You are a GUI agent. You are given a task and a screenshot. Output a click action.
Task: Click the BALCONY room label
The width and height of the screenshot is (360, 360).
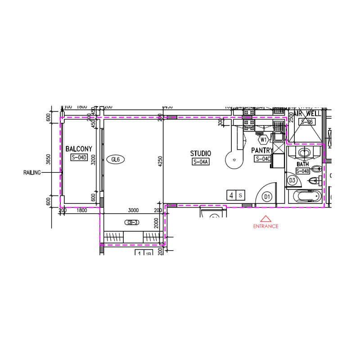[x=79, y=149]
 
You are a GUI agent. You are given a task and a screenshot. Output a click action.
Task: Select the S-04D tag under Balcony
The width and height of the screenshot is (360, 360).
[x=79, y=157]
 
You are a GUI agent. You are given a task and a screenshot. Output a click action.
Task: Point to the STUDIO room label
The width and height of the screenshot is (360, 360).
[x=200, y=154]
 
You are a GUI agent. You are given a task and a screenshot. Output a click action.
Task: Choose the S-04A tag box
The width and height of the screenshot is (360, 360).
[x=201, y=162]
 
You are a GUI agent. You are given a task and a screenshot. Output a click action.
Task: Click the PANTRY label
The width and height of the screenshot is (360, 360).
[x=262, y=150]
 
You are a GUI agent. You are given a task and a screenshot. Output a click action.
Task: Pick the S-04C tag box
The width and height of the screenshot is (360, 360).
[x=263, y=159]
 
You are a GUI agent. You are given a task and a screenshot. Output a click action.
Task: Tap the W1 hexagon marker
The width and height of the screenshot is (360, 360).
[x=264, y=139]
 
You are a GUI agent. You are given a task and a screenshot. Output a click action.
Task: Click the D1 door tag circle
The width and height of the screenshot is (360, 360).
[x=266, y=197]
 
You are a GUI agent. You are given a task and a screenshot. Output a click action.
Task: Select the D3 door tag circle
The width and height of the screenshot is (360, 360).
[x=292, y=181]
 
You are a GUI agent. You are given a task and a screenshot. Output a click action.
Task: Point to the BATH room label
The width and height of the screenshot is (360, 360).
[x=303, y=165]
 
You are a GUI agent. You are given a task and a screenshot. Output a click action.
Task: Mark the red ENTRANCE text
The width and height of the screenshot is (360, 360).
[x=266, y=226]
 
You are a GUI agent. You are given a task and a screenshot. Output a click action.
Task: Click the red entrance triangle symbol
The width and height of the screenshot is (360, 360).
[x=266, y=219]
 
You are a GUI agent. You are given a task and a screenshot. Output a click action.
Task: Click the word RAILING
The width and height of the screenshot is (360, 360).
[x=32, y=172]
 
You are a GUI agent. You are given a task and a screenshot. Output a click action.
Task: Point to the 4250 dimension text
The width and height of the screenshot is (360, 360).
[x=160, y=161]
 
